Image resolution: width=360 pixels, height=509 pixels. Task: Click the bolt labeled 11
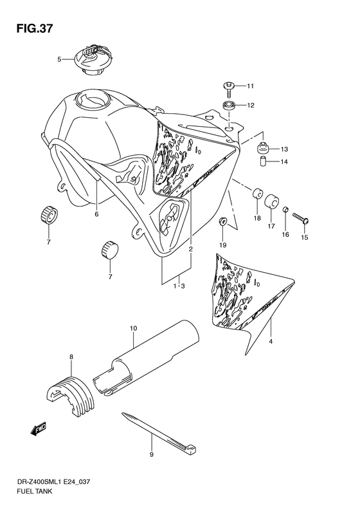227,86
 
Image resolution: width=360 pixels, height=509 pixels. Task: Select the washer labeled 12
228,105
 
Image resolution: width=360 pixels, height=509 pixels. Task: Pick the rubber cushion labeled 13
263,149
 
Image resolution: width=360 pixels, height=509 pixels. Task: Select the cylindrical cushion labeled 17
273,199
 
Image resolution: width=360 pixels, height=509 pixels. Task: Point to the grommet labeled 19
222,223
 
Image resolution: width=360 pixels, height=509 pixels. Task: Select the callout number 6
96,214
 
